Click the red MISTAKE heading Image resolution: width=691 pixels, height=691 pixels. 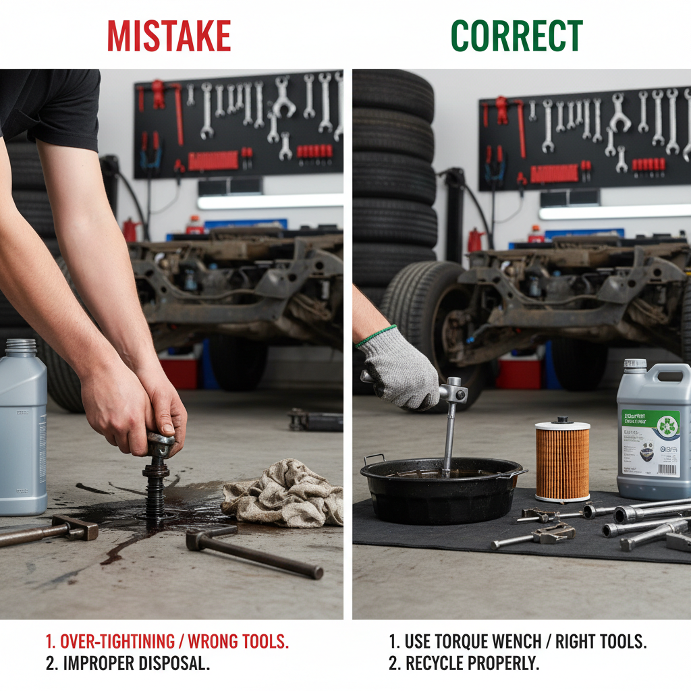click(169, 36)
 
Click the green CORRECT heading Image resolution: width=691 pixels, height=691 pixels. click(516, 36)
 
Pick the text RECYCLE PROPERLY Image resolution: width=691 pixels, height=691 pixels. click(472, 663)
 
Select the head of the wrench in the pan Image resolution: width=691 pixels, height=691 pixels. click(453, 391)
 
